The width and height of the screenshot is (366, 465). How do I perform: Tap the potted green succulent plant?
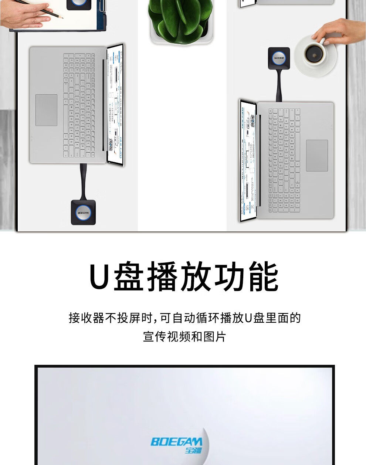pyautogui.click(x=180, y=18)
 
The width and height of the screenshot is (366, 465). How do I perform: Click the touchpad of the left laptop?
pyautogui.click(x=46, y=110)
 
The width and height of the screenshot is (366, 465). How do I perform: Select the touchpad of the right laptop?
pyautogui.click(x=317, y=156)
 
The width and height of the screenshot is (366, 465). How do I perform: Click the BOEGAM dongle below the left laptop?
pyautogui.click(x=83, y=212)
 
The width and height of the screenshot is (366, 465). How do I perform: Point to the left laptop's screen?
pyautogui.click(x=115, y=104)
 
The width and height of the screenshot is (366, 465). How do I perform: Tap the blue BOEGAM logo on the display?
pyautogui.click(x=176, y=444)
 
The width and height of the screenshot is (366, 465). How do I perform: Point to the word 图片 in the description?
pyautogui.click(x=214, y=337)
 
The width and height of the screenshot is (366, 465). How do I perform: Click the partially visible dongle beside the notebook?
pyautogui.click(x=78, y=4)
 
